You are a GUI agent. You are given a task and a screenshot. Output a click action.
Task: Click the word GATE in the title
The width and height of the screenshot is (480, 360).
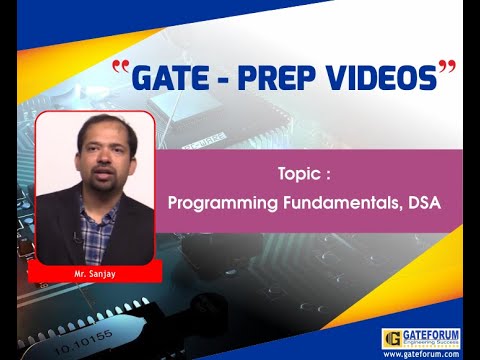(170, 78)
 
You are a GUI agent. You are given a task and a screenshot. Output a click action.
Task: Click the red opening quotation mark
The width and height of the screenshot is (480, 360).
(121, 67)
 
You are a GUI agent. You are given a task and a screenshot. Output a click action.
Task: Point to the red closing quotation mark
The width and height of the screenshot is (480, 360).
(447, 67)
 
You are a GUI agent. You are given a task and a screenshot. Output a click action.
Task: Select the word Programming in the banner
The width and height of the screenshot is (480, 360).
(223, 203)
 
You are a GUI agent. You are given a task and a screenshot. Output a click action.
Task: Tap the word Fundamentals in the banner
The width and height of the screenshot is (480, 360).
(343, 202)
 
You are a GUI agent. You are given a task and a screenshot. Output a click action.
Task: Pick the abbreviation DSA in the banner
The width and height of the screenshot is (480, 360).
(424, 202)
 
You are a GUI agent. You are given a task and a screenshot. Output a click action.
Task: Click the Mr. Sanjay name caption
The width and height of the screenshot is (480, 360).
(95, 274)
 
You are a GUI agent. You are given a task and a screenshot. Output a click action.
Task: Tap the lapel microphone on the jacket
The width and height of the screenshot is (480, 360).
(76, 237)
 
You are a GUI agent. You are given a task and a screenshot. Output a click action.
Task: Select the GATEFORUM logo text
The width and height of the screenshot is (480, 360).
(431, 335)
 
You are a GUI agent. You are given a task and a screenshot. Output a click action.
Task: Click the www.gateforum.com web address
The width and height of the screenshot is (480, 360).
(421, 354)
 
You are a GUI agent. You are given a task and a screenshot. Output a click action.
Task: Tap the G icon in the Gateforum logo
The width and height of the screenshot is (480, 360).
(393, 338)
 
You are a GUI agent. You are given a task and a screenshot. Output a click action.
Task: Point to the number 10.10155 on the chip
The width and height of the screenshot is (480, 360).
(84, 342)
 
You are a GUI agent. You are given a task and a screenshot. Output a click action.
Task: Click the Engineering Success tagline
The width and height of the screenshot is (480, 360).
(431, 343)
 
